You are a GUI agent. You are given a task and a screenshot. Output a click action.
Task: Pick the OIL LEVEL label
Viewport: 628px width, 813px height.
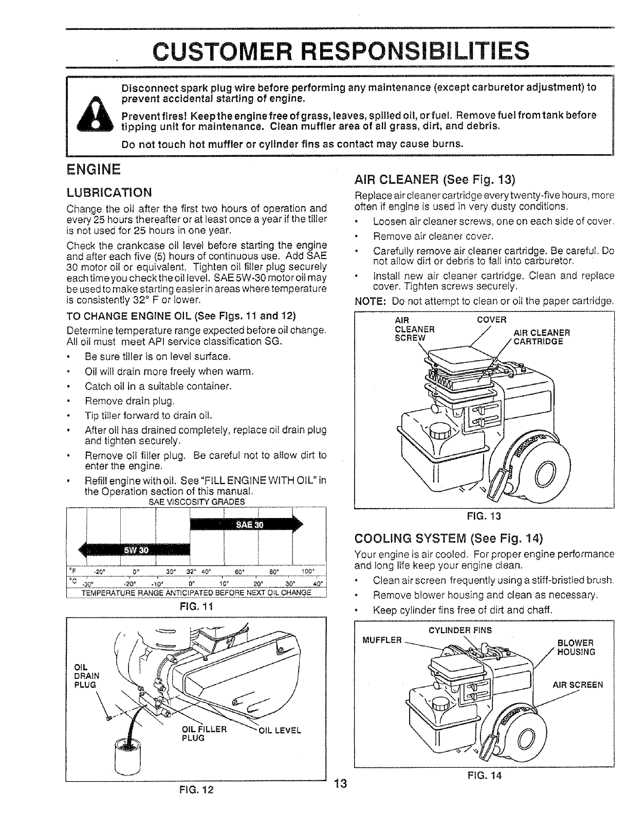[279, 730]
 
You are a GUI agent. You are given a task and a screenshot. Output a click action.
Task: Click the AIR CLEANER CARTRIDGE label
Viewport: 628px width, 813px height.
[541, 337]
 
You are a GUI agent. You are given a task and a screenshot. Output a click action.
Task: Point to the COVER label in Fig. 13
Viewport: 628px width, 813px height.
[492, 320]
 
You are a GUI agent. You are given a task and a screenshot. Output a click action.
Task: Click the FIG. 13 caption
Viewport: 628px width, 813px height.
[484, 515]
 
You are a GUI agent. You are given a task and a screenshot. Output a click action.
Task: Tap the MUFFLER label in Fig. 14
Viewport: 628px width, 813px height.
[382, 640]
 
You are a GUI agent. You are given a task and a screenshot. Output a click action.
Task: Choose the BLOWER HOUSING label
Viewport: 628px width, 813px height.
[576, 648]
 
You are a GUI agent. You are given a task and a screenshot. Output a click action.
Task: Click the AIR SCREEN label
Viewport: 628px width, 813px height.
[578, 685]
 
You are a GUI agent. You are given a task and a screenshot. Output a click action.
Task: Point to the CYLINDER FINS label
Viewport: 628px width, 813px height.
[460, 630]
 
